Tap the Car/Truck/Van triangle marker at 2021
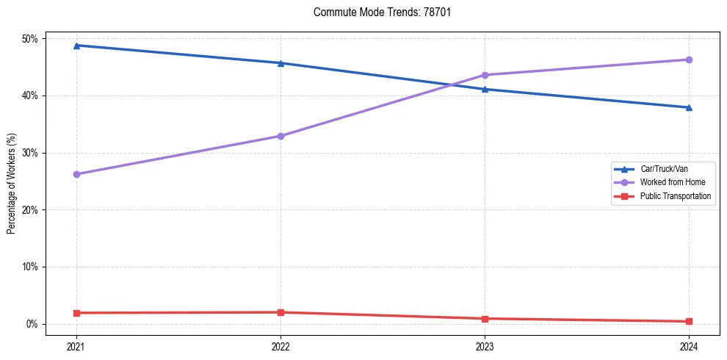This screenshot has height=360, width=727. (76, 46)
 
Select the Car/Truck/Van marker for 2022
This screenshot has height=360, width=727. (281, 63)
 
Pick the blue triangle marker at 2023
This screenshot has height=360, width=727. (485, 89)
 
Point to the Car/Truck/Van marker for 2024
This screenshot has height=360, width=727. (689, 107)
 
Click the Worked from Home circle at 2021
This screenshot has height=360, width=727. (76, 174)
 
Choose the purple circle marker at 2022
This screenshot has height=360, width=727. (281, 136)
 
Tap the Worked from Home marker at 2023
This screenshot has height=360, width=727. (485, 75)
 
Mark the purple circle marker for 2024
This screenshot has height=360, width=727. (689, 60)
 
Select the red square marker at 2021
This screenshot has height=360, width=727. (76, 313)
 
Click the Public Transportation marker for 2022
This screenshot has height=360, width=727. (281, 312)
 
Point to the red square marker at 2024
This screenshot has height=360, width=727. (689, 321)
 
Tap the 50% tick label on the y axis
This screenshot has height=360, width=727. (32, 38)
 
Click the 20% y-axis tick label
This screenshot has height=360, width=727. (32, 210)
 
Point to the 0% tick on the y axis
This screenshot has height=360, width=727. (34, 324)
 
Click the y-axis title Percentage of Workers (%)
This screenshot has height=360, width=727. (11, 184)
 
